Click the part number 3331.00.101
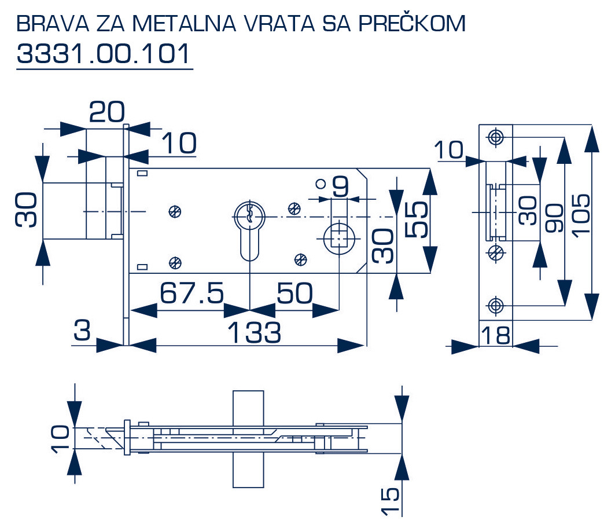tap(104, 54)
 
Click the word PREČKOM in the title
tap(412, 23)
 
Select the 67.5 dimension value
tap(192, 294)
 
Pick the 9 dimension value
tap(341, 186)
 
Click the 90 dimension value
tap(554, 218)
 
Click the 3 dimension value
tap(83, 331)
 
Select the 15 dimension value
tap(391, 500)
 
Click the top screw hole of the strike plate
tap(495, 137)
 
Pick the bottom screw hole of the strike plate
tap(495, 305)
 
